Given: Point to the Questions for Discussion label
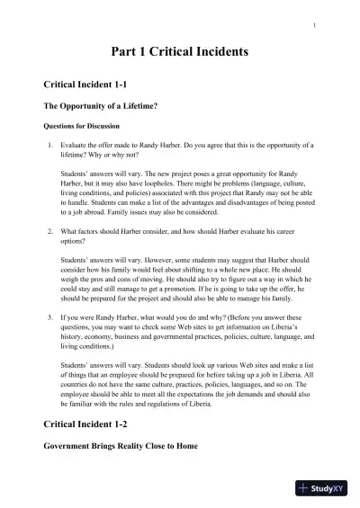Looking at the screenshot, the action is click(82, 125).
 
